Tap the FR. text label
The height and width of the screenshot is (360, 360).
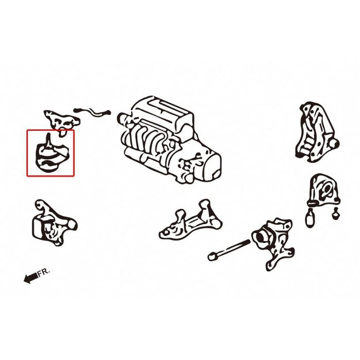(x=45, y=273)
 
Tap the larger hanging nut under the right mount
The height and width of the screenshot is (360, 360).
(x=310, y=220)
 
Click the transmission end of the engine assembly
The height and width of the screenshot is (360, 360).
(x=208, y=164)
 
